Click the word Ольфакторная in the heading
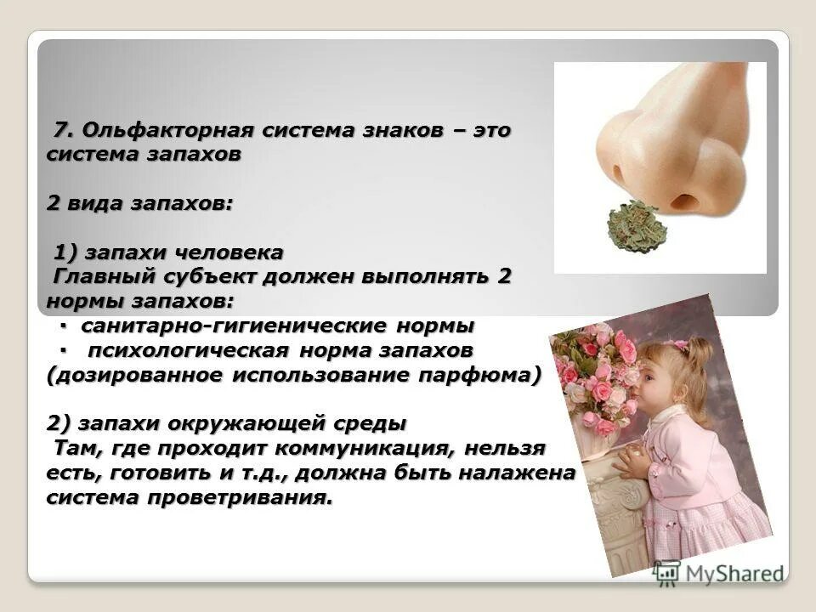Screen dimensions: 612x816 pos(167,132)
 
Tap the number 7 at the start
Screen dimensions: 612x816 pos(61,132)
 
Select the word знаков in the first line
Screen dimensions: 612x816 pos(401,132)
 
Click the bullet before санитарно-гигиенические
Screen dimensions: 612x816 pos(65,326)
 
